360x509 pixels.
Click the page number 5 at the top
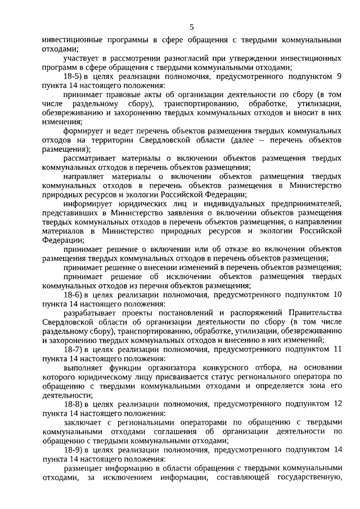point(191,27)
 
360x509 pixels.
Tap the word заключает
point(83,422)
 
